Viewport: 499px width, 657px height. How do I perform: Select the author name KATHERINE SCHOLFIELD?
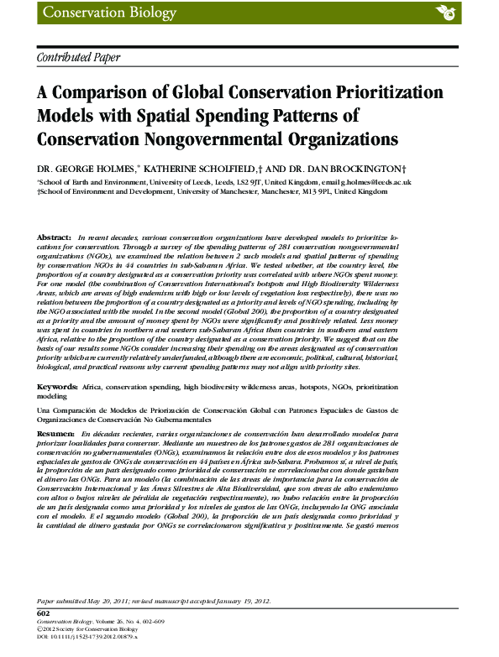(x=197, y=169)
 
